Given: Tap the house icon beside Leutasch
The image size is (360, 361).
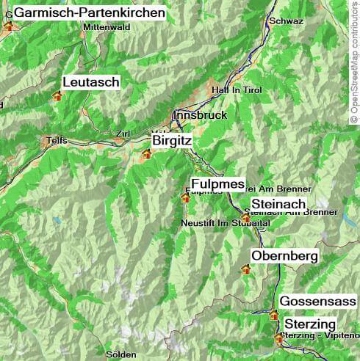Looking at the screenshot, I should point(57,95).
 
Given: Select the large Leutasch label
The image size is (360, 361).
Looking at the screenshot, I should point(91,82).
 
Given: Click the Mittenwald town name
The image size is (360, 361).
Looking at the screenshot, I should point(107,27).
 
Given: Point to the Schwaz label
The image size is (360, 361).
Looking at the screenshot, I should point(287,21).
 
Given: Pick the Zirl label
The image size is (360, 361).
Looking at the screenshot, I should point(123,134).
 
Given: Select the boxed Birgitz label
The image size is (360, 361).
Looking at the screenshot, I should point(172,139).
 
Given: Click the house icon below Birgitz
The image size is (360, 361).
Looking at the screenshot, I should point(146,154).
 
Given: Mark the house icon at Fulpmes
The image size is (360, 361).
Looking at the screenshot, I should point(185,197).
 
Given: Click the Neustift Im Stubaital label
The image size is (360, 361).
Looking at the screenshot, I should point(226,222).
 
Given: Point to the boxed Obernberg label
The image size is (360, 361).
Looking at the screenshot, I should point(284,255).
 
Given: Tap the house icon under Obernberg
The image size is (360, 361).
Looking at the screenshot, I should point(245,270).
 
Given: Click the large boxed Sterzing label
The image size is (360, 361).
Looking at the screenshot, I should point(310,324).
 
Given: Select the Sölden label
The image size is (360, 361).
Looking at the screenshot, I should point(121,354).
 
